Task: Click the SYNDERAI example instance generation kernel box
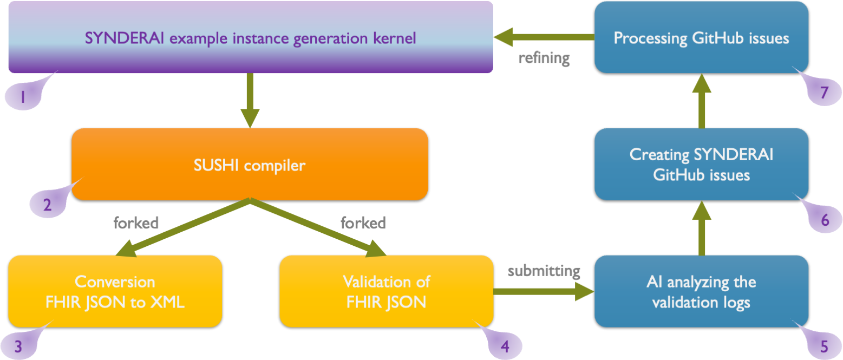tap(250, 38)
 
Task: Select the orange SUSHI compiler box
tap(250, 165)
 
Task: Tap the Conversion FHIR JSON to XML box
tap(115, 292)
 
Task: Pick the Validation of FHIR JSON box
tap(386, 292)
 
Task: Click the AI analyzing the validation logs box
tap(701, 292)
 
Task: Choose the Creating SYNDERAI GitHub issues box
tap(701, 165)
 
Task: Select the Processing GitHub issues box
tap(701, 38)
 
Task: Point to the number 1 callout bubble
tap(23, 97)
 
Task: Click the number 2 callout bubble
tap(47, 205)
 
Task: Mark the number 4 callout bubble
tap(504, 345)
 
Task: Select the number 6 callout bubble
tap(824, 220)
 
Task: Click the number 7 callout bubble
tap(824, 93)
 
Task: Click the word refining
tap(544, 58)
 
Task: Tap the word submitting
tap(544, 270)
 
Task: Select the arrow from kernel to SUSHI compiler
tap(250, 100)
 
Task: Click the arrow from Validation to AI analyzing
tap(544, 292)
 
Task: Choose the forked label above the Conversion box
tap(135, 222)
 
